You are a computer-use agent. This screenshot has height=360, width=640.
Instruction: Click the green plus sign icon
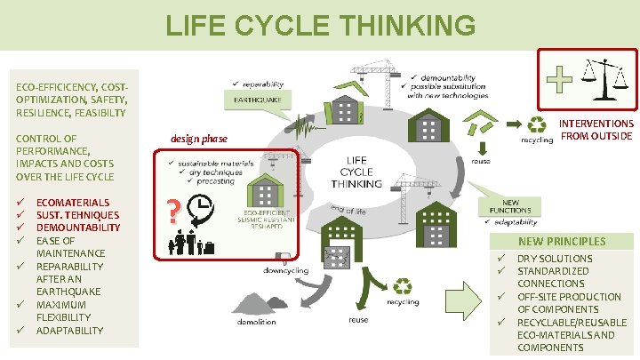[559, 82]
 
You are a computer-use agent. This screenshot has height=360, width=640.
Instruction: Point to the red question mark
[174, 211]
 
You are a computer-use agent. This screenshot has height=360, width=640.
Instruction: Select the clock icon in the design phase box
[201, 209]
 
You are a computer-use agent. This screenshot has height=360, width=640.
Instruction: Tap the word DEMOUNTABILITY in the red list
[78, 228]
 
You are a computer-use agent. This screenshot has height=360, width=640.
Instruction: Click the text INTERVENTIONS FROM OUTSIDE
[596, 130]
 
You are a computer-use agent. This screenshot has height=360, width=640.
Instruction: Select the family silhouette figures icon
[192, 241]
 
